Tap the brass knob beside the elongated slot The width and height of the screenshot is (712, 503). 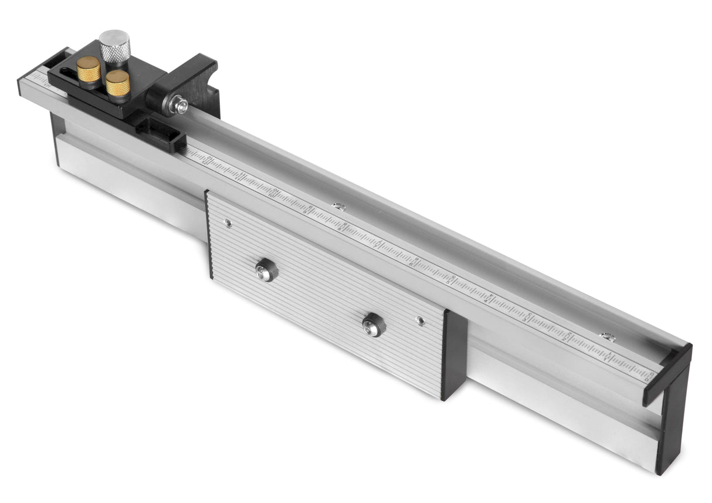click(x=89, y=69)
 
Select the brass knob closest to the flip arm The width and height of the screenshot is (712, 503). click(x=118, y=82)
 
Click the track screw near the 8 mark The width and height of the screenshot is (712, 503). click(x=338, y=206)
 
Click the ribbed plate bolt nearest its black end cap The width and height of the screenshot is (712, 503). click(x=373, y=325)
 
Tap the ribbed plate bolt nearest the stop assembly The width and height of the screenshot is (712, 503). click(x=265, y=271)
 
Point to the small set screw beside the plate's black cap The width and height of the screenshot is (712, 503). click(x=420, y=320)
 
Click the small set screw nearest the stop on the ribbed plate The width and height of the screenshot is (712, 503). click(x=228, y=223)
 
